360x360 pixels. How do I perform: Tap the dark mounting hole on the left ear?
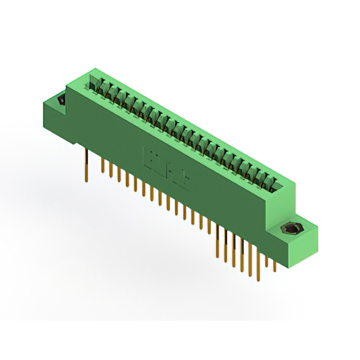61,101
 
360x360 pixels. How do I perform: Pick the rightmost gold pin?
274,264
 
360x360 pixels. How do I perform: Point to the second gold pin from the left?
102,166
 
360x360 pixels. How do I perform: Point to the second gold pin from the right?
267,261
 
